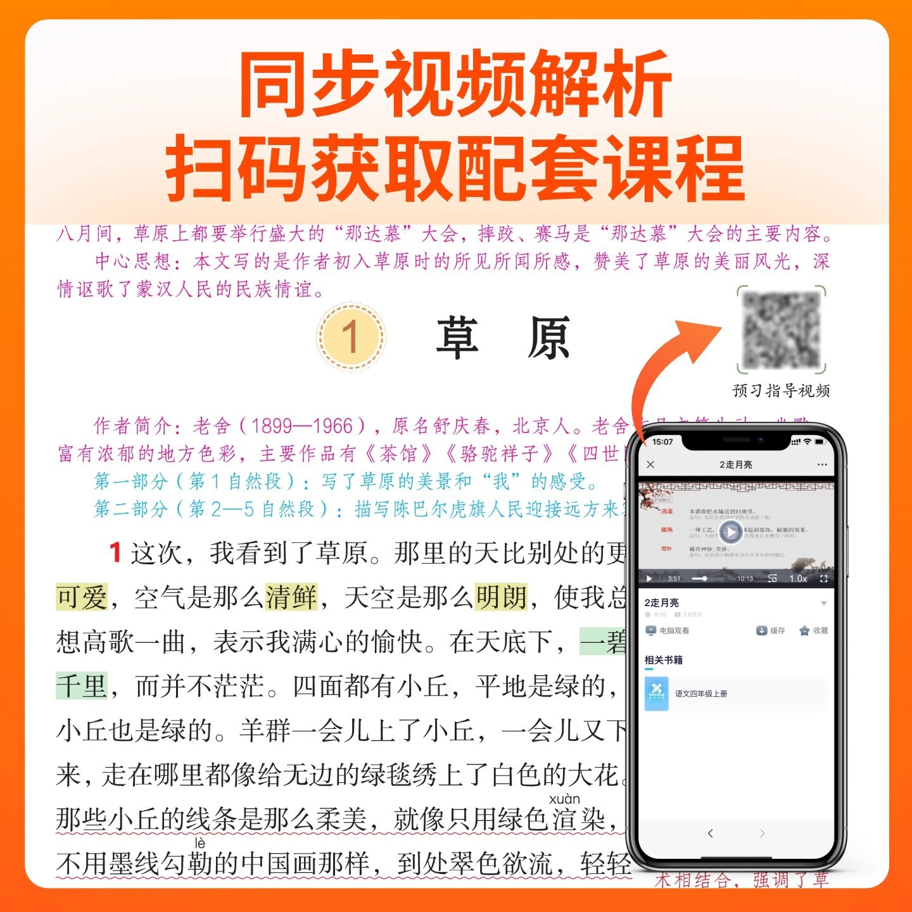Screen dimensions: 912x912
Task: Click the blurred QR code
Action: (782, 329)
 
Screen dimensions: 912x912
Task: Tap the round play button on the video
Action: (730, 532)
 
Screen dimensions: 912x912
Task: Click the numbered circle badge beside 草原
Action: (351, 336)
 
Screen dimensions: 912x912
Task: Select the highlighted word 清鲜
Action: (291, 597)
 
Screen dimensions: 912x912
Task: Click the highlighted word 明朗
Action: (501, 597)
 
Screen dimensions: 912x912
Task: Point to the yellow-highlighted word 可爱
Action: (82, 597)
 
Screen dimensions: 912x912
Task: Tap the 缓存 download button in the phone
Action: (770, 631)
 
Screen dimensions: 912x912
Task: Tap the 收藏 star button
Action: (813, 631)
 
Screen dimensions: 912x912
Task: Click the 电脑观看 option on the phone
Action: (668, 631)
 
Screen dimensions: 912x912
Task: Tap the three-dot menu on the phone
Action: (822, 465)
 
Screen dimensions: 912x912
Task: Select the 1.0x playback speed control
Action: (798, 578)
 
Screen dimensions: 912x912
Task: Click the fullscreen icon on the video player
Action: (823, 578)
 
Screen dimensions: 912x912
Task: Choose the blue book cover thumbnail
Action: (656, 693)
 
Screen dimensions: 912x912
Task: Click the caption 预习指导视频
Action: (781, 391)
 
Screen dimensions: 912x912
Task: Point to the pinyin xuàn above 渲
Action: (564, 799)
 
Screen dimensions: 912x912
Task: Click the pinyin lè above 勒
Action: (200, 844)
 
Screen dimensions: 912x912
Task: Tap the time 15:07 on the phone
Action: (662, 441)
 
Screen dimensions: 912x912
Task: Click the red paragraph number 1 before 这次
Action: (115, 552)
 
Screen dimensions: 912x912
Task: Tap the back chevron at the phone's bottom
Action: (711, 833)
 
